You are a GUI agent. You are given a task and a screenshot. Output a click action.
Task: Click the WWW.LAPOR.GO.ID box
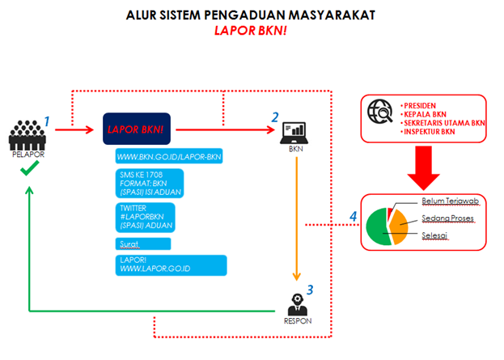click(x=171, y=265)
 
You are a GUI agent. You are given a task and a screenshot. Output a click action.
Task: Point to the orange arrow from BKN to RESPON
click(x=298, y=218)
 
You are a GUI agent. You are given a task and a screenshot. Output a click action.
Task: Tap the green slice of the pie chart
click(x=380, y=231)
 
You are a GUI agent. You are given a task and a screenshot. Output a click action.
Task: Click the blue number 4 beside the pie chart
click(x=352, y=217)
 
